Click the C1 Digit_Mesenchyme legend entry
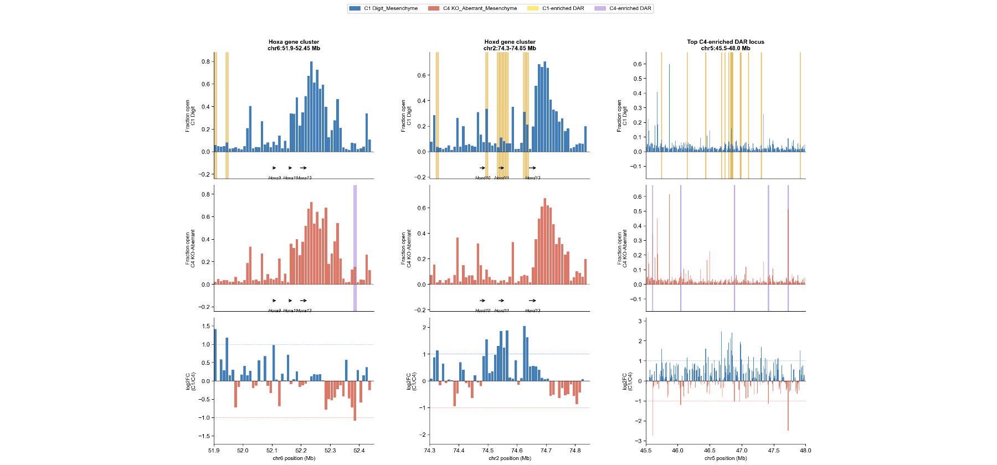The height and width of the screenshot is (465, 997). [x=383, y=8]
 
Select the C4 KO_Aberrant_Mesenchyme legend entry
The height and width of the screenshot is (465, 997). [x=472, y=8]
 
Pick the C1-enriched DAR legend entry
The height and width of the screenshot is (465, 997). [x=556, y=8]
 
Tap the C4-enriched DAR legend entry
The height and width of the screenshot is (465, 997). [x=623, y=8]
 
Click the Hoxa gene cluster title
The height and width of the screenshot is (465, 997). [x=294, y=42]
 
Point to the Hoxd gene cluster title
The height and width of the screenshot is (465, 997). [x=510, y=42]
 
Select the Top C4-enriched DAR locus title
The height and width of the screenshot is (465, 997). [x=726, y=42]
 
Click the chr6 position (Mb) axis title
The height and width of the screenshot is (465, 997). [x=294, y=458]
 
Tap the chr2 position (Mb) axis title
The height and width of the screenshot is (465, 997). [x=510, y=458]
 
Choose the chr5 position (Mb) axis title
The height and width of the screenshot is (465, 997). [x=726, y=458]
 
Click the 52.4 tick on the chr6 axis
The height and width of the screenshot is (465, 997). [x=359, y=451]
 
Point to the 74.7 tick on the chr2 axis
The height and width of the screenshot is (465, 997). [x=546, y=451]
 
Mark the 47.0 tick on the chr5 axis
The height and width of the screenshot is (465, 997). [x=742, y=451]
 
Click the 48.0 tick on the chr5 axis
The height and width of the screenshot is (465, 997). [x=805, y=451]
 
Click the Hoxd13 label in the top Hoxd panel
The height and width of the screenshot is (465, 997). [x=533, y=178]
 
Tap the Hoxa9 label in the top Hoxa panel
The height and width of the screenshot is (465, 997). [x=274, y=178]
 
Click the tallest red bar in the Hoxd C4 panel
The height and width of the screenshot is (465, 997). [x=545, y=241]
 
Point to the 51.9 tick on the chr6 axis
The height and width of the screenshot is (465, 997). [x=214, y=451]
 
